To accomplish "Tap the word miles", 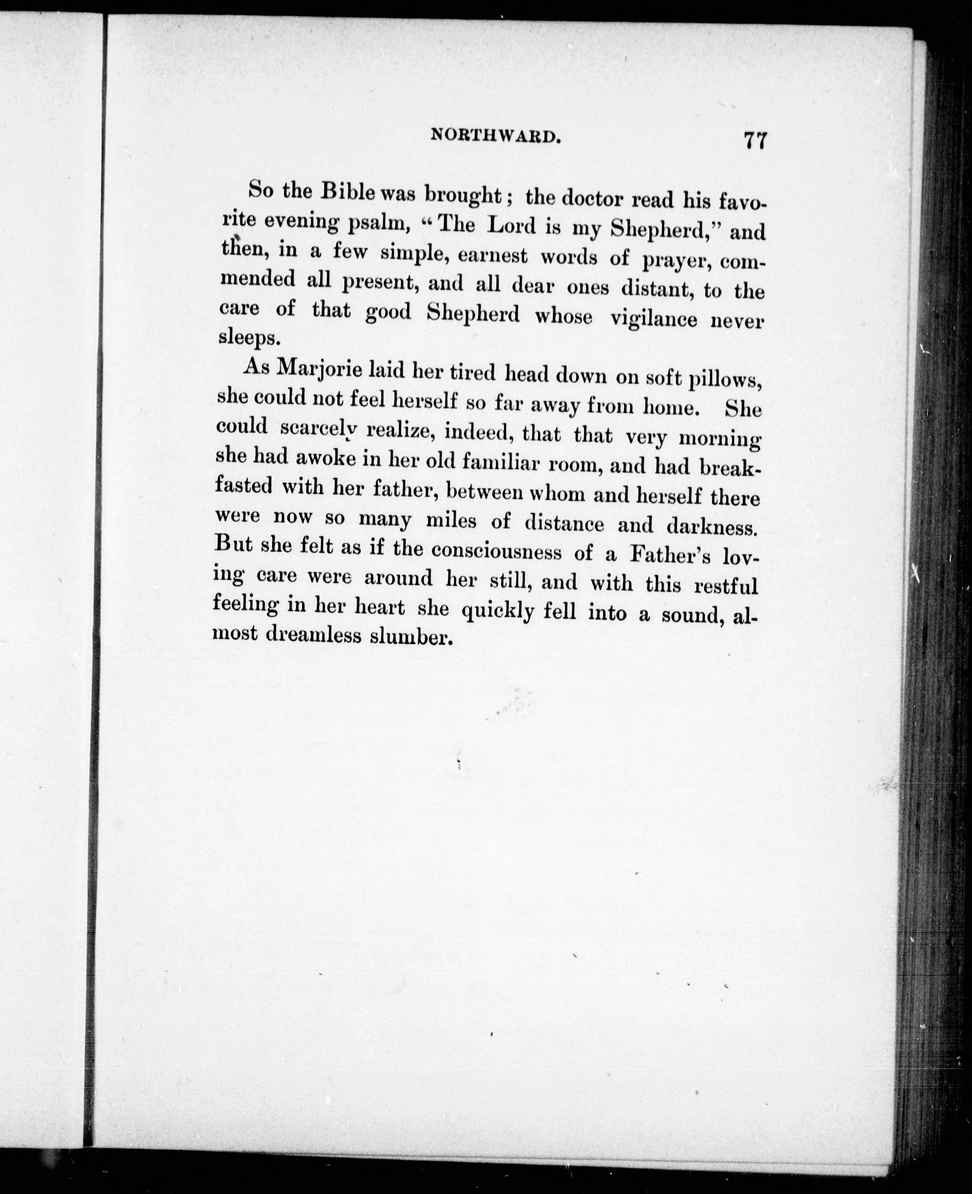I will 451,521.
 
